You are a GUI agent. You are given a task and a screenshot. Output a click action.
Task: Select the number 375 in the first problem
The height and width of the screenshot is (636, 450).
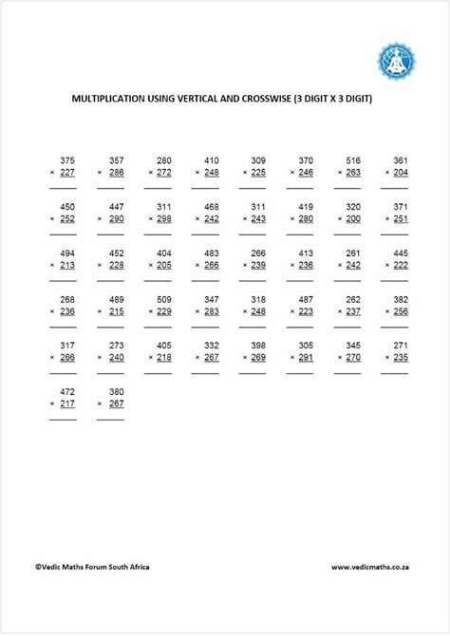66,160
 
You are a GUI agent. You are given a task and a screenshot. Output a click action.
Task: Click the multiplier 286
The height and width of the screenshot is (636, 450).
116,173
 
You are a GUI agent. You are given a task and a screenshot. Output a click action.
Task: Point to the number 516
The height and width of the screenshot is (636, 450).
352,160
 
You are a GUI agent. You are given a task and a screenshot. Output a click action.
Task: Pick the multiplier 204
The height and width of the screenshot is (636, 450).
400,173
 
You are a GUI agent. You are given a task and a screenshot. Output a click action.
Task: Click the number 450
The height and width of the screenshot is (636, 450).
66,206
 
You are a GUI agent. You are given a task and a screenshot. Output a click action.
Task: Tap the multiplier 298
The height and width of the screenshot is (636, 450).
163,218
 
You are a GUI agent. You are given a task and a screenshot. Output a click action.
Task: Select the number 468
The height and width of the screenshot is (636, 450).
211,206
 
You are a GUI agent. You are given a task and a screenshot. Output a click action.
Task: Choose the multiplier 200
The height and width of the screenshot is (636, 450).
352,218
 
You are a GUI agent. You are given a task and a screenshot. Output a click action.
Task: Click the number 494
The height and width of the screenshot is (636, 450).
66,253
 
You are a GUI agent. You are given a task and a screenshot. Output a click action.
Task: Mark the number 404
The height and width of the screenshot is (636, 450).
163,253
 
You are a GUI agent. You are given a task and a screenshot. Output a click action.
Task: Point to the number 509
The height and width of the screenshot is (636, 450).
163,299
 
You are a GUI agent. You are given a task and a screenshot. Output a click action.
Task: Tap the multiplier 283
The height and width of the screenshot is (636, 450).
211,311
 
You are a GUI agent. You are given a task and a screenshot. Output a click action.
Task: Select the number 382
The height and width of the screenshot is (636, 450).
400,299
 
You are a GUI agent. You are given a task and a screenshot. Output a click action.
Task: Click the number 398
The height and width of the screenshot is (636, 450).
258,345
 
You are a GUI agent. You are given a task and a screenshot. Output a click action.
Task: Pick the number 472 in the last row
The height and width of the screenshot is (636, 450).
66,391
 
